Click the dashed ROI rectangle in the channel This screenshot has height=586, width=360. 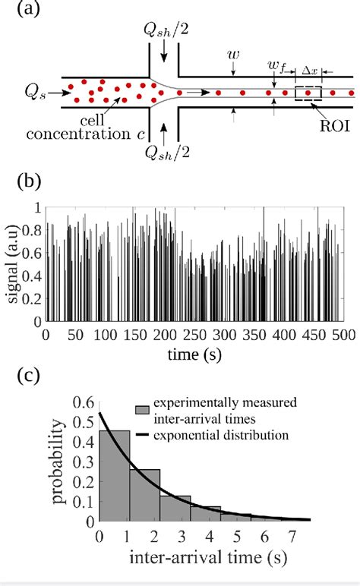point(308,93)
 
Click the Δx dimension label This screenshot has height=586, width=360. point(310,69)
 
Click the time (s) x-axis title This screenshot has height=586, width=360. point(196,352)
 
